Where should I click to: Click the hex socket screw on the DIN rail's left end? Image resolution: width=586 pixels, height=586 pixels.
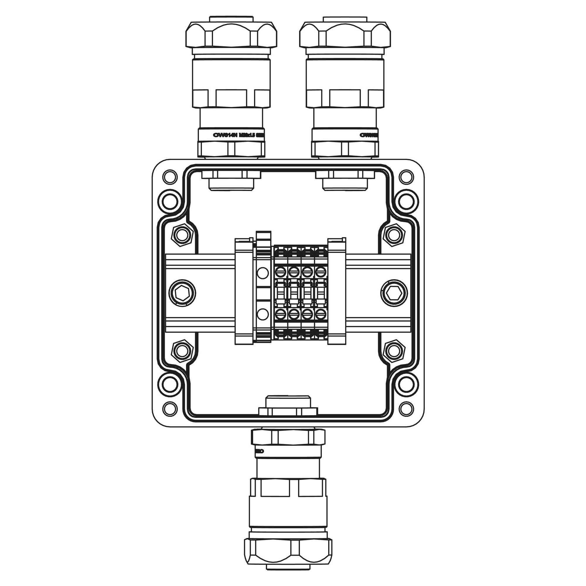182,293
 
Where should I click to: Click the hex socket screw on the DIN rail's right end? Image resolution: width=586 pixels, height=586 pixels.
394,293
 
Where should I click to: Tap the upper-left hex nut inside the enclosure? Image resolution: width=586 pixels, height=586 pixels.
182,234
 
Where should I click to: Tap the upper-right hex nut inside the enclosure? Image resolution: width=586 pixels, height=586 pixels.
394,234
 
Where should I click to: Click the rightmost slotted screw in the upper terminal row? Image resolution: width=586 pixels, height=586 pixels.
319,271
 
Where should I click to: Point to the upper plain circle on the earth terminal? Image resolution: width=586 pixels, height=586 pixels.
262,273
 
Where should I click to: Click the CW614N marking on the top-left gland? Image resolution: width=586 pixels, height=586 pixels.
225,135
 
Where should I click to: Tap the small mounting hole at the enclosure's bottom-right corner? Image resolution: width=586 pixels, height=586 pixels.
406,408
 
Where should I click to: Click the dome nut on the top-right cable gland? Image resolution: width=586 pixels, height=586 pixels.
345,35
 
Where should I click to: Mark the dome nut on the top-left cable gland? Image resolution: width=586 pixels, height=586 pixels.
231,35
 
